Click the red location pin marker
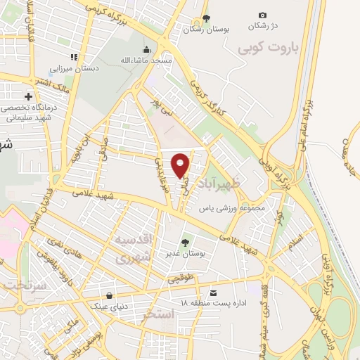(181, 164)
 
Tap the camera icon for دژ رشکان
(262, 15)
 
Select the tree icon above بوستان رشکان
(205, 18)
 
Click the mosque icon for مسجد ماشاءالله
(146, 49)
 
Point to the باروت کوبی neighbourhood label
(268, 48)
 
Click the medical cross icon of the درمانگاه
(28, 96)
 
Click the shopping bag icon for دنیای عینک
(109, 296)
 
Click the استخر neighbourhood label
(157, 313)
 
